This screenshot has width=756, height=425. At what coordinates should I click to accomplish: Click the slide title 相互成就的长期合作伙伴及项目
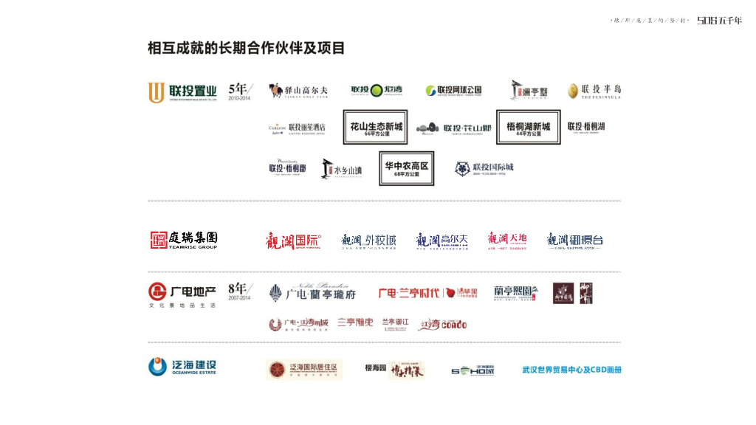tap(246, 49)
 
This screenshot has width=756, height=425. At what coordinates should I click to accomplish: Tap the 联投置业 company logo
tap(182, 92)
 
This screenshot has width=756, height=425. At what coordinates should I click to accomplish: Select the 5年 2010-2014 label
tap(241, 91)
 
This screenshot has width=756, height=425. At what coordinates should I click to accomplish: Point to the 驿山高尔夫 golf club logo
tap(298, 91)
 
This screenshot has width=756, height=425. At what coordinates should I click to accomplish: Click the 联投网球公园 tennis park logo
tap(453, 91)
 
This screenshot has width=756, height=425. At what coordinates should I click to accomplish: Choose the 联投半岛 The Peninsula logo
tap(594, 91)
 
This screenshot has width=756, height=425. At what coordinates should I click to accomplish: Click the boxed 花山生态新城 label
tap(375, 128)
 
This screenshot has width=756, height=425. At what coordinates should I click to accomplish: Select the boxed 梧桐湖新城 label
tap(528, 128)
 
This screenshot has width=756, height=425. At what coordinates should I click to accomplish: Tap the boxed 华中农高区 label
tap(406, 167)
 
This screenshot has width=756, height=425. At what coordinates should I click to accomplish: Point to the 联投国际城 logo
tap(484, 168)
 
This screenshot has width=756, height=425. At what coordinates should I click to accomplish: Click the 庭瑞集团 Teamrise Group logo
tap(184, 240)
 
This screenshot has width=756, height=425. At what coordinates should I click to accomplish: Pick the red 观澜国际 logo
tap(293, 241)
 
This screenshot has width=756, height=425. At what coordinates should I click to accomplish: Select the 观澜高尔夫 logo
tap(441, 241)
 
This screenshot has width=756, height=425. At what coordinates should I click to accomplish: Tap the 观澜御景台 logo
tap(574, 241)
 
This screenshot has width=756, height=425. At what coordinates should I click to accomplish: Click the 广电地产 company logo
tap(182, 294)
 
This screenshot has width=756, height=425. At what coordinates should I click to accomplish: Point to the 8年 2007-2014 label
tap(240, 291)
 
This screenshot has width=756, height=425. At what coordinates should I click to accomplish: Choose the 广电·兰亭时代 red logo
tap(417, 293)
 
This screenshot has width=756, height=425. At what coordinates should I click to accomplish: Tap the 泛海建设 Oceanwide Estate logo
tap(182, 367)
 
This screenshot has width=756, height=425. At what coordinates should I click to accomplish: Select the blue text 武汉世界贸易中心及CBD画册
tap(571, 370)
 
